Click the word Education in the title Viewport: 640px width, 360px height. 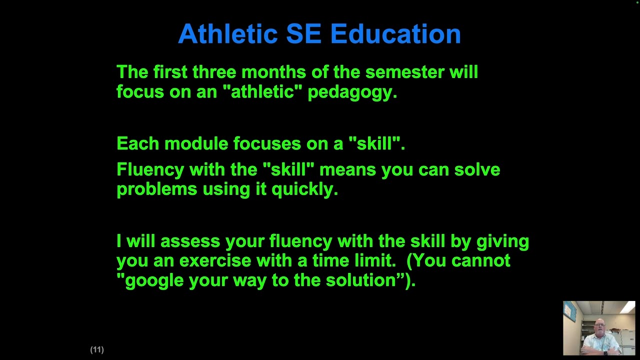pos(395,34)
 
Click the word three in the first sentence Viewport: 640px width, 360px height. pos(214,72)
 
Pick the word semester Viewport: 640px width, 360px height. pos(404,72)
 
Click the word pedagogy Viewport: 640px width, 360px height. pos(352,92)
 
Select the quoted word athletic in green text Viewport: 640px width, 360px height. pos(262,92)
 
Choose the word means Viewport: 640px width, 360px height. pos(347,169)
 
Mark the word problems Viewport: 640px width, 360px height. pos(156,189)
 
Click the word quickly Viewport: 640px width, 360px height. pos(304,189)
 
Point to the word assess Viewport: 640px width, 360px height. pos(190,241)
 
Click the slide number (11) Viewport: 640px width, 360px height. pos(97,349)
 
